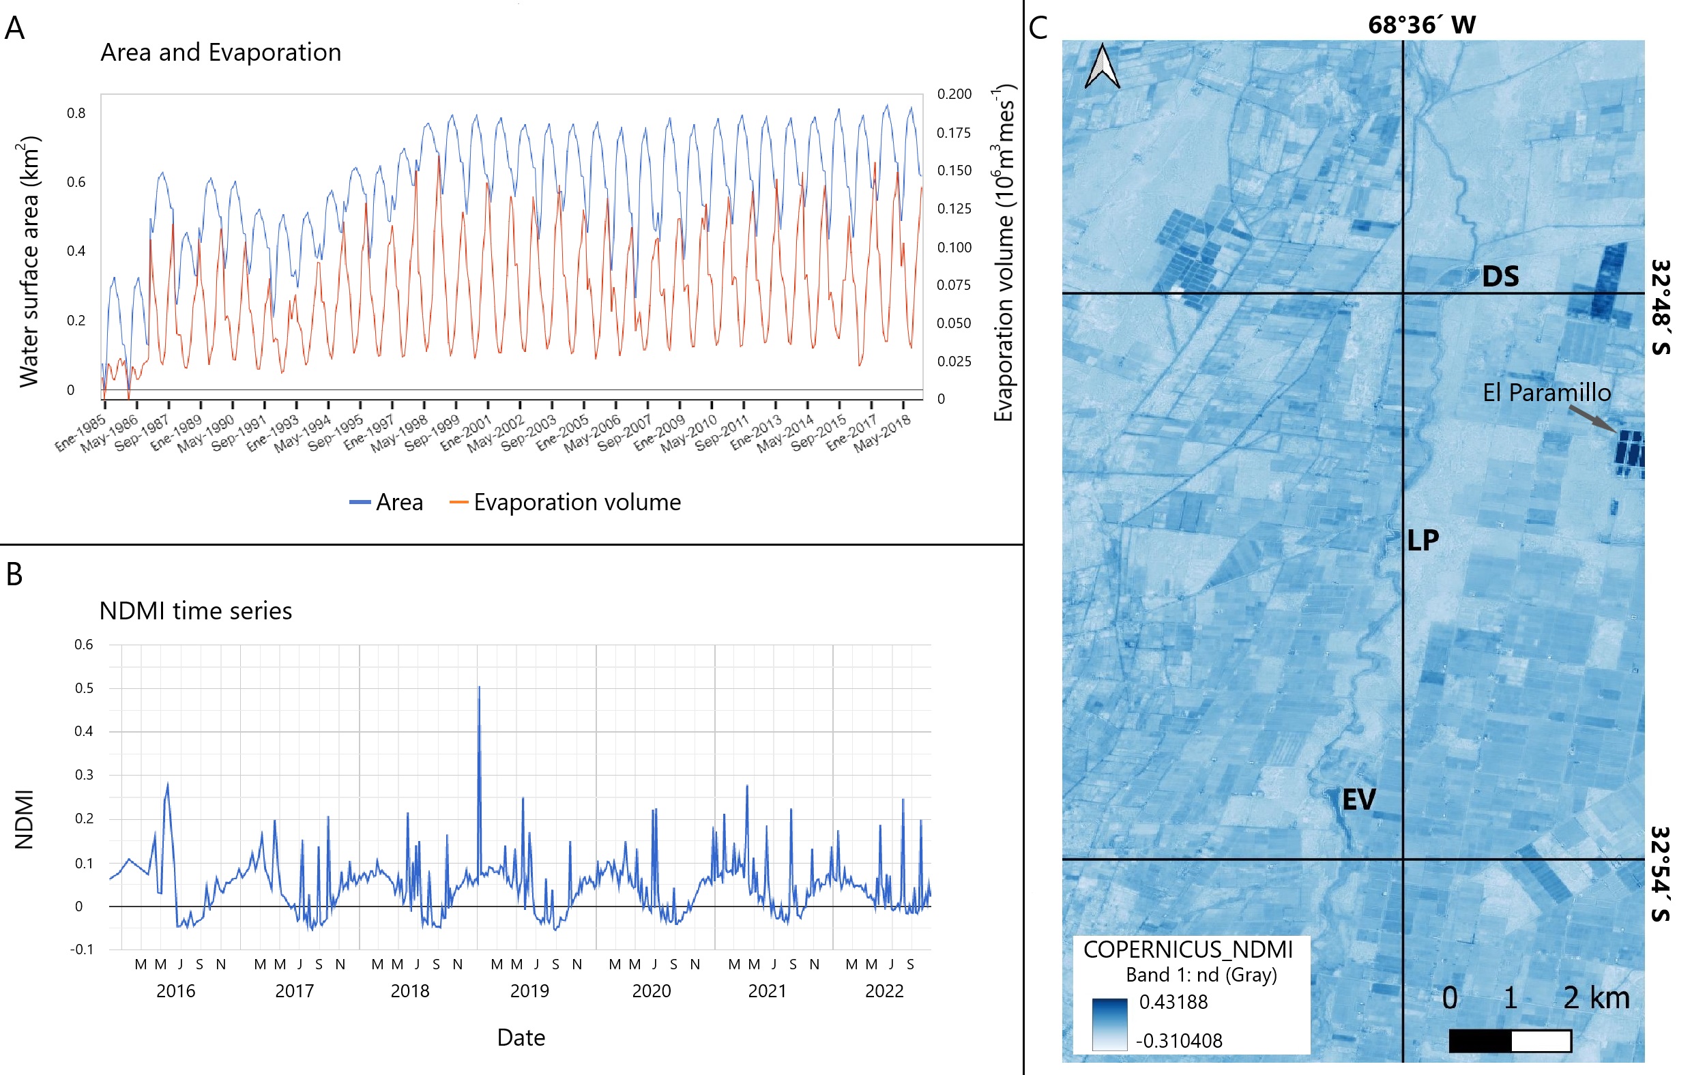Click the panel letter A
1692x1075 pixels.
coord(15,29)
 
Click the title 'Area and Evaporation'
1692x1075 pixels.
coord(220,53)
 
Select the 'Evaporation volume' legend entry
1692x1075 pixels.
coord(577,502)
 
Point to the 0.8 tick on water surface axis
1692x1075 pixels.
coord(76,113)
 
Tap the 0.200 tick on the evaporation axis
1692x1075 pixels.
coord(954,94)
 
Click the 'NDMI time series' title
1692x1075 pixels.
coord(195,610)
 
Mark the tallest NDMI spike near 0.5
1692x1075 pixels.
coord(479,688)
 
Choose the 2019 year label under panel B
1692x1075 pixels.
coord(529,990)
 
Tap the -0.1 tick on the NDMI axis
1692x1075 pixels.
coord(81,949)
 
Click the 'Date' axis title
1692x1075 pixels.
coord(521,1037)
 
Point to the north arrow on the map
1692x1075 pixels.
coord(1102,66)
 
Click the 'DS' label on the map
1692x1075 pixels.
coord(1500,277)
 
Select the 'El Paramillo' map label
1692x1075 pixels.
coord(1547,393)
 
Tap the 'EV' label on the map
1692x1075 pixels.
coord(1358,799)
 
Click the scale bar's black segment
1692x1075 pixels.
coord(1480,1041)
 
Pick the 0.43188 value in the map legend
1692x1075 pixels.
coord(1173,1002)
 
